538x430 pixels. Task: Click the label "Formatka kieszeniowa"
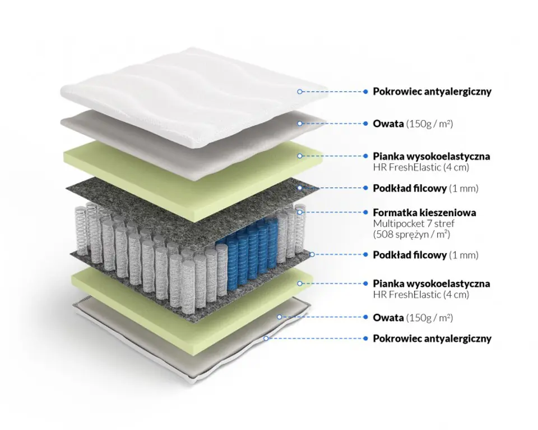tap(424, 213)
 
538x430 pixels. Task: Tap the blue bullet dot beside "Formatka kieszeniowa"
tap(366, 213)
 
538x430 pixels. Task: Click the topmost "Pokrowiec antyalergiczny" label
tap(432, 91)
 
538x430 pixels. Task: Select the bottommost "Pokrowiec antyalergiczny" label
tap(432, 338)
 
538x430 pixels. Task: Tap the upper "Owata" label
tap(388, 123)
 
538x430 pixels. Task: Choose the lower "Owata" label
tap(388, 318)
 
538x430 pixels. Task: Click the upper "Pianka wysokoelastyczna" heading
tap(431, 155)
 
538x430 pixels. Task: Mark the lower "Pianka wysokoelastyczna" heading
tap(431, 283)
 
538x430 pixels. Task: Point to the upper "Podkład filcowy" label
tap(410, 187)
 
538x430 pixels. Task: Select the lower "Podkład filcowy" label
tap(410, 255)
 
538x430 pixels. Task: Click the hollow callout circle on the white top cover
tap(300, 91)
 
